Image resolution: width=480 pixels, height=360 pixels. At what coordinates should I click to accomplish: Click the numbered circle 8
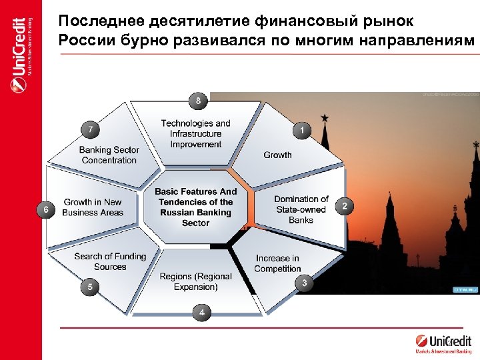click(198, 101)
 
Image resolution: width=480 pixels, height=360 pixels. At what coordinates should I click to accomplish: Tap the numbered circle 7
click(91, 127)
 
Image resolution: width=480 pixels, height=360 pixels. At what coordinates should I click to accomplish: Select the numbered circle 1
click(303, 131)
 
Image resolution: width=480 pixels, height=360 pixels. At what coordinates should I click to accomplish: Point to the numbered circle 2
click(344, 207)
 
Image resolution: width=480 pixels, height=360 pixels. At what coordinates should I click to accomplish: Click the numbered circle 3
click(305, 283)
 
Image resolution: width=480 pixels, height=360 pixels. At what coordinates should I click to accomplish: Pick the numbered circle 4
click(202, 311)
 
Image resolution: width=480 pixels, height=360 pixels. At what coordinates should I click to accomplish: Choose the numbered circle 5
click(90, 287)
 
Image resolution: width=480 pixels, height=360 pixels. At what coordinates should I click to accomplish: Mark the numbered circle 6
click(45, 210)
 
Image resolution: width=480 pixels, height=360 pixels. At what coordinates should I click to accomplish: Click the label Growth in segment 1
click(277, 155)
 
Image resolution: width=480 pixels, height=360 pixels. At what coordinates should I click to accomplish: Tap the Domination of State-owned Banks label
click(301, 209)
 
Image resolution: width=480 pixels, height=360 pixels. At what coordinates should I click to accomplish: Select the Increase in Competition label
click(277, 263)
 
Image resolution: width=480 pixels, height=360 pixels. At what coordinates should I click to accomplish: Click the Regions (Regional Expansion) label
click(196, 281)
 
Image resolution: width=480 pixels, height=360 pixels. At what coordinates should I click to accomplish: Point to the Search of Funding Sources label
click(110, 261)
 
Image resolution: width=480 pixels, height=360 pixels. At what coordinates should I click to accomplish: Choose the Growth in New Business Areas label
click(93, 207)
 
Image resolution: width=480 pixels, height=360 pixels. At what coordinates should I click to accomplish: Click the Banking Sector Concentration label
click(109, 155)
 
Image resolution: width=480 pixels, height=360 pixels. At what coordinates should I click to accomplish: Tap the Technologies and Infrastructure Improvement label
click(195, 133)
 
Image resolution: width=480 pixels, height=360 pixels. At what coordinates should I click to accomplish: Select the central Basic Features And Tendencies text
click(195, 207)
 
